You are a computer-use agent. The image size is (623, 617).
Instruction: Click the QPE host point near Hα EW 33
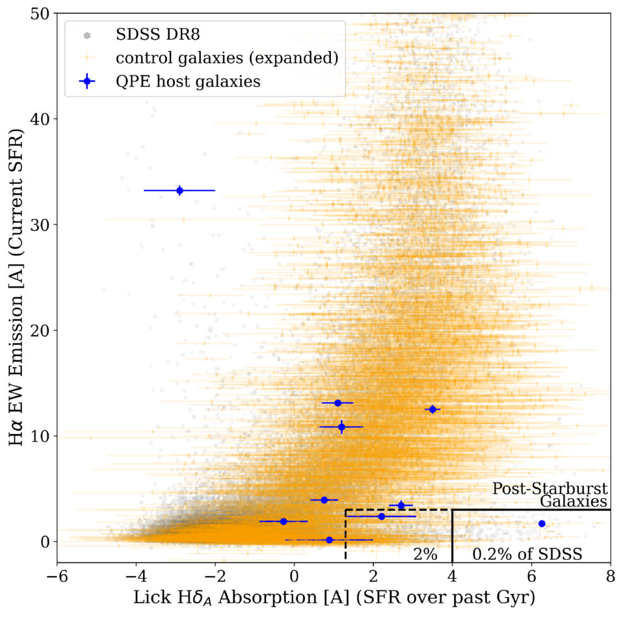(x=179, y=190)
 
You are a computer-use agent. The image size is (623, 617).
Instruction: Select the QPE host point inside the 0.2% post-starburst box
(x=542, y=523)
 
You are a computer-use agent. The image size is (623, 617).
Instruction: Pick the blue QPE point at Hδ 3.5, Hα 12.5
(x=432, y=409)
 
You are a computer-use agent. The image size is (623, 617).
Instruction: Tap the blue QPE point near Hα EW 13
(x=338, y=403)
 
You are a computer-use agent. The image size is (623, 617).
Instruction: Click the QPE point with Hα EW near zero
(x=329, y=540)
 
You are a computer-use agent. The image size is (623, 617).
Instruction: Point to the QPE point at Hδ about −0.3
(x=284, y=522)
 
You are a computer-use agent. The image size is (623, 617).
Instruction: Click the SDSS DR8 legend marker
(x=87, y=36)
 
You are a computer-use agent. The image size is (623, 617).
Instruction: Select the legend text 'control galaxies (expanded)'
(x=227, y=58)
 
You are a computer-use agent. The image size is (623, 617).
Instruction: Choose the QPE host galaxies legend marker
(x=87, y=82)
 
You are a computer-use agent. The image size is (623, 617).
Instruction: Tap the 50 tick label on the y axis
(x=40, y=14)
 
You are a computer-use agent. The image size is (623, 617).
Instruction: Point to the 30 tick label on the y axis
(x=40, y=225)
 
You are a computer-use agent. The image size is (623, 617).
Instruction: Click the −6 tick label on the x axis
(x=57, y=576)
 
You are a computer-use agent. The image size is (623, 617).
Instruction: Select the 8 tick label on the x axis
(x=611, y=576)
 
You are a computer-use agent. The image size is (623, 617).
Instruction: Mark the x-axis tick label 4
(x=452, y=576)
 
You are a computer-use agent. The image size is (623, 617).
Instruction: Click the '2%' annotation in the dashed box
(x=425, y=554)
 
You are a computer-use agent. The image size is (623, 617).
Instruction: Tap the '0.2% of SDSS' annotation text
(x=527, y=554)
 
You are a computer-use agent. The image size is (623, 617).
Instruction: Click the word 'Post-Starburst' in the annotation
(x=550, y=488)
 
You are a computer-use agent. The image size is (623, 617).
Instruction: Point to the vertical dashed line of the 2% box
(x=346, y=535)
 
